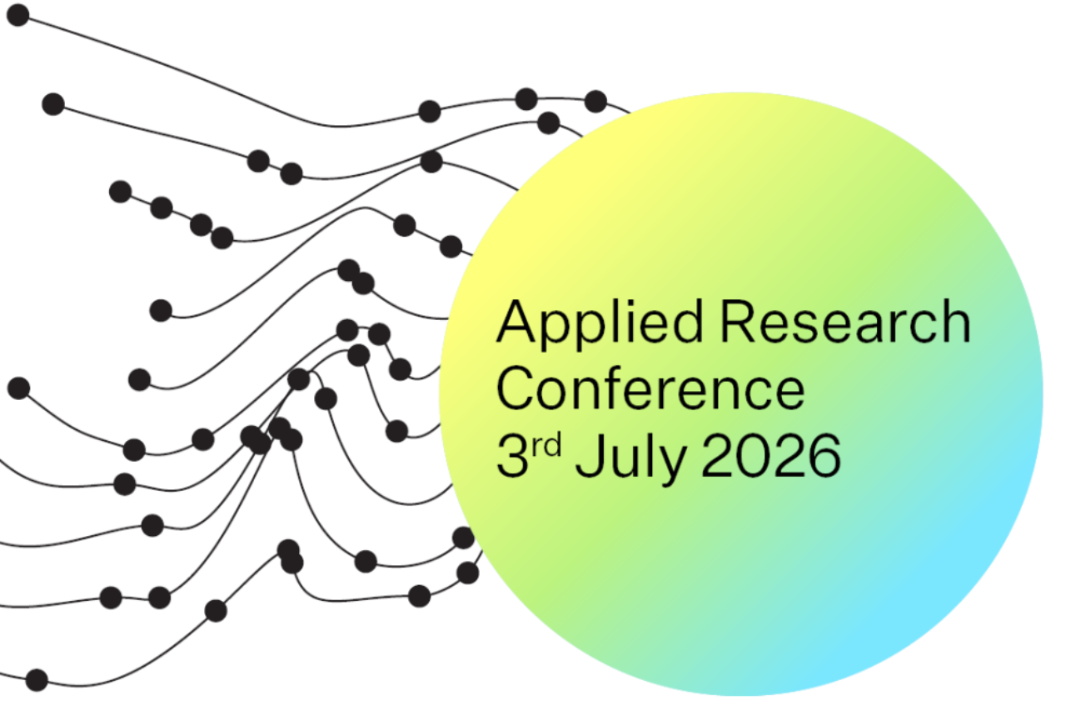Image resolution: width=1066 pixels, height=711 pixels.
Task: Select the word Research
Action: click(845, 322)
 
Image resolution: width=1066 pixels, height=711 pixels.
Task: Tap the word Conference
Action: click(650, 388)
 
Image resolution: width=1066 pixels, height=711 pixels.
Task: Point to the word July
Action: click(630, 458)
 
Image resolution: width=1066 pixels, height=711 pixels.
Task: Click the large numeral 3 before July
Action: click(512, 455)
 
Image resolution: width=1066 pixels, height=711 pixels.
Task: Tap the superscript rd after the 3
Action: click(547, 445)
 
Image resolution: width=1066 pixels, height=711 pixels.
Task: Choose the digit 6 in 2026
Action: click(824, 455)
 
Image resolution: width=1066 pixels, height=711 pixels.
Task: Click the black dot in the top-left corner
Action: click(18, 15)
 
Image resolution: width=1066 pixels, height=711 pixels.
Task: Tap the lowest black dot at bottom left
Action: click(37, 679)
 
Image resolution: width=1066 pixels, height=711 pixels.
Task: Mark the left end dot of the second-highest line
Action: click(53, 104)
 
